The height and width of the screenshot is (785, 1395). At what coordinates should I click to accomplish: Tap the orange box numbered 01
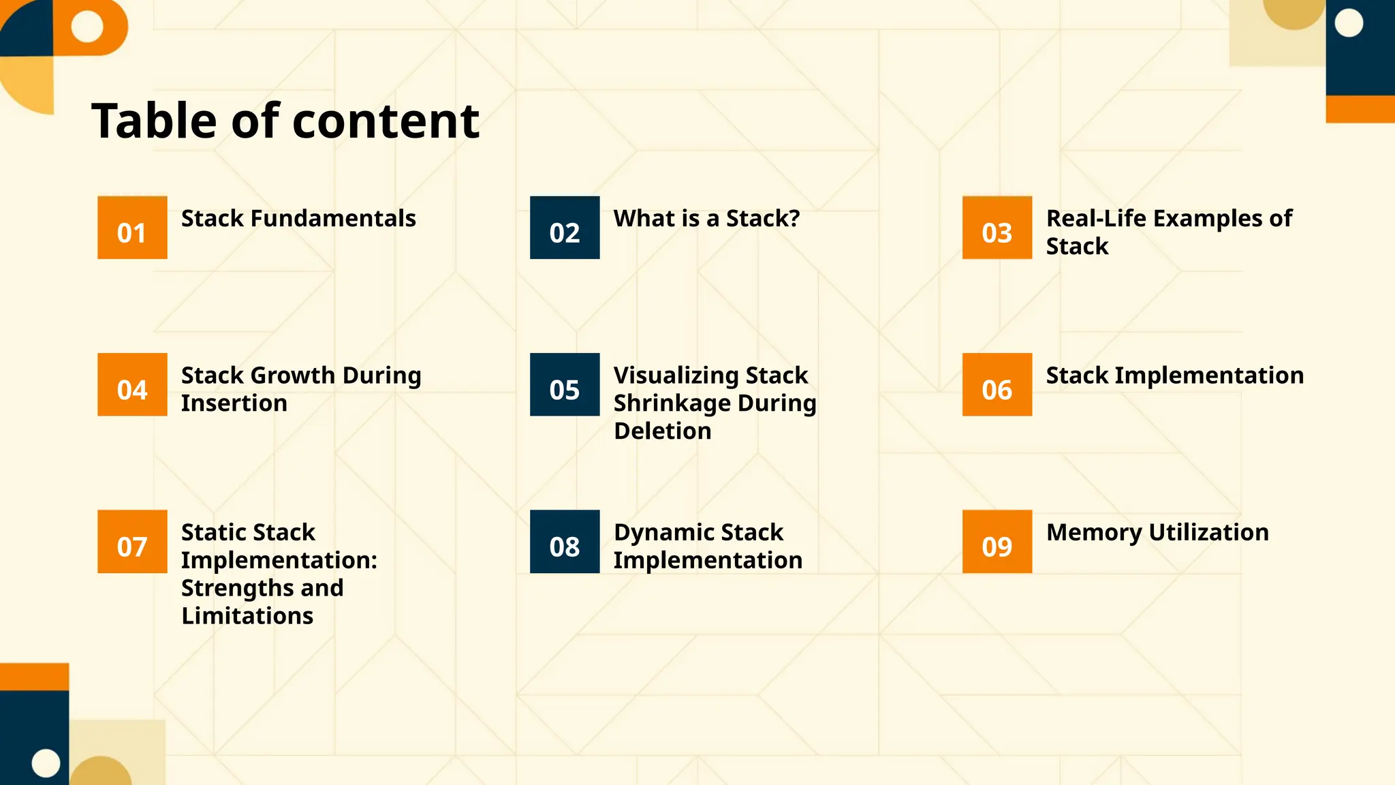132,228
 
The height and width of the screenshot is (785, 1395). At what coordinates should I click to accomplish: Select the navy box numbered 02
565,228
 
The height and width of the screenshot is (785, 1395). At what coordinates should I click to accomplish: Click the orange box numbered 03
997,228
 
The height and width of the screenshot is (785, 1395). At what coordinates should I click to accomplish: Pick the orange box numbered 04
132,384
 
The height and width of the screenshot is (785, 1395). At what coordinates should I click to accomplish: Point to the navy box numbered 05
565,384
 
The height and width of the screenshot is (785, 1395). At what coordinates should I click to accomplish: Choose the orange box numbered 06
997,384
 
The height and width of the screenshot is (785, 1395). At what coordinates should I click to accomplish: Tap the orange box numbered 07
132,542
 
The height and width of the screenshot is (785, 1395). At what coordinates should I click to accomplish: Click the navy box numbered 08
565,542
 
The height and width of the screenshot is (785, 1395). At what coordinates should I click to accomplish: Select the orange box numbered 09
997,542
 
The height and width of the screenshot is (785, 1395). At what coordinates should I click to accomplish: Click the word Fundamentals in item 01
333,219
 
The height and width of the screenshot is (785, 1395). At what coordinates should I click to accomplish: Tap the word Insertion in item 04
234,403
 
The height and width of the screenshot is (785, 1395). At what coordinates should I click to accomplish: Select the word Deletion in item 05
662,431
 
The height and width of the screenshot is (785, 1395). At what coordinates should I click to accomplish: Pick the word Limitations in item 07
247,616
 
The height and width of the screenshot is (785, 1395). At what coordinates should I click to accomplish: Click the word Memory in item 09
1093,532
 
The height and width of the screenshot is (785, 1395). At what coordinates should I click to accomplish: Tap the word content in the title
386,121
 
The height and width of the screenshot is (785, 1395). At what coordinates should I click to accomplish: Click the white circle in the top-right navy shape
1349,24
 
